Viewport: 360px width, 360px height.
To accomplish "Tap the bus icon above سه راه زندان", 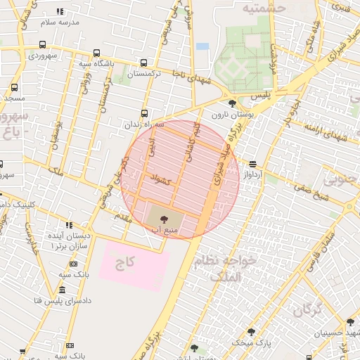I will pos(145,113).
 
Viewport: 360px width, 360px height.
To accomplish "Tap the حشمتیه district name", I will pos(263,8).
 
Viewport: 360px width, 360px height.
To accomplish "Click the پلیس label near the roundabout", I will pos(261,94).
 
